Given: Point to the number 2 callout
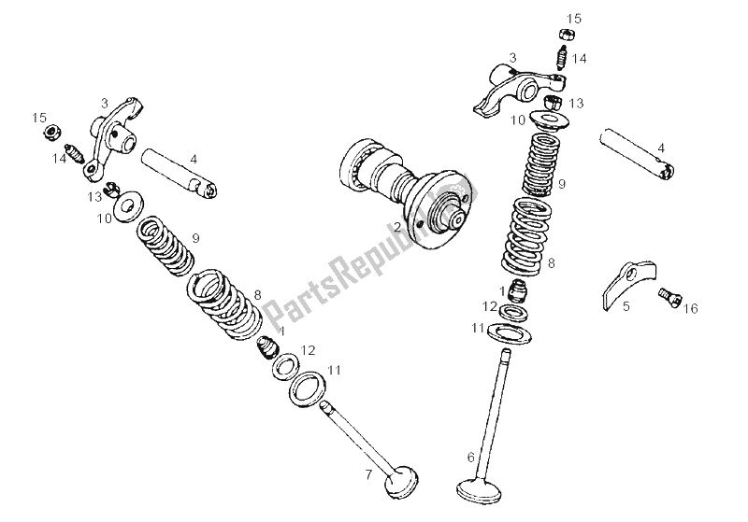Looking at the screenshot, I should (396, 226).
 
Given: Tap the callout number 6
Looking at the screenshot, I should (471, 457).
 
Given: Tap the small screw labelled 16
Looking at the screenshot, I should (669, 297).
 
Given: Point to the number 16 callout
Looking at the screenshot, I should (690, 308).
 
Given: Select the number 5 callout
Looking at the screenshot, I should (626, 304).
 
